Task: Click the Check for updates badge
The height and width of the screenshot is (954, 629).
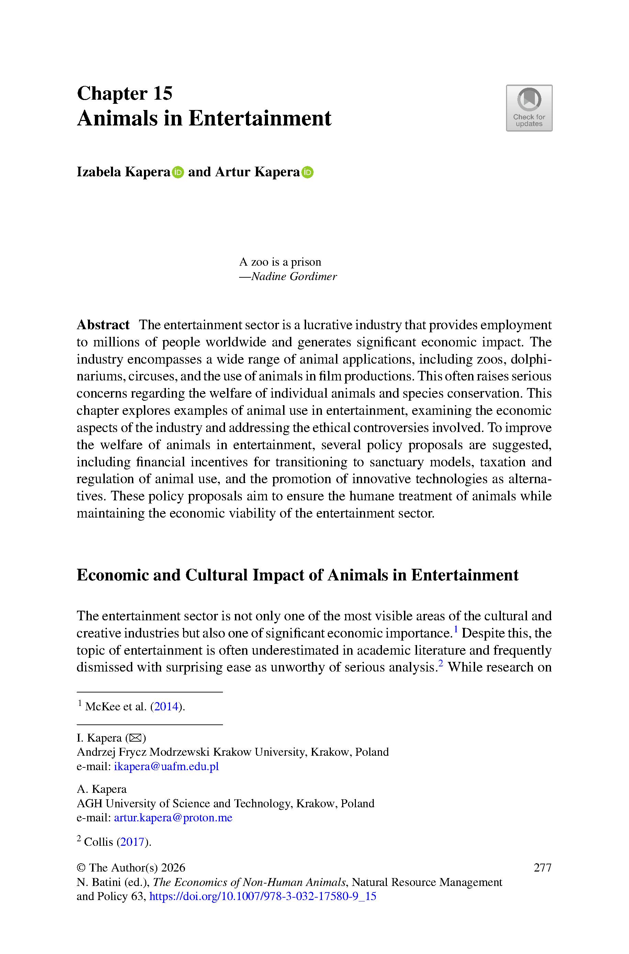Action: (x=529, y=108)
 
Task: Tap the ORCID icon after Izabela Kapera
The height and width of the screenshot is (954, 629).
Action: (x=178, y=172)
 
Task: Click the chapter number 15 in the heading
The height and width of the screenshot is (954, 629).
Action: (x=162, y=93)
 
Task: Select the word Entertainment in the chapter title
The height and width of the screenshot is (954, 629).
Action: (x=260, y=119)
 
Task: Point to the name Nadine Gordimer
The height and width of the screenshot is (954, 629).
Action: (x=294, y=276)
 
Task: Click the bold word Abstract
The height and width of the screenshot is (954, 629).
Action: (x=103, y=324)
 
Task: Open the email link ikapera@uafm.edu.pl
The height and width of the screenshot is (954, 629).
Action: (x=167, y=766)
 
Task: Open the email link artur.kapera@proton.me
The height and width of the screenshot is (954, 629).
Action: (x=173, y=818)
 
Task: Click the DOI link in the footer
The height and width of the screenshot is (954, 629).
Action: (x=263, y=896)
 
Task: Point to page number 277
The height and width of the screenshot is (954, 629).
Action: (x=543, y=867)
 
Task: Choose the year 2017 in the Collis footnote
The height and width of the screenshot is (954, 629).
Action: (x=133, y=842)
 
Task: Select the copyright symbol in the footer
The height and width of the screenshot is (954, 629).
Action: (x=81, y=868)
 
